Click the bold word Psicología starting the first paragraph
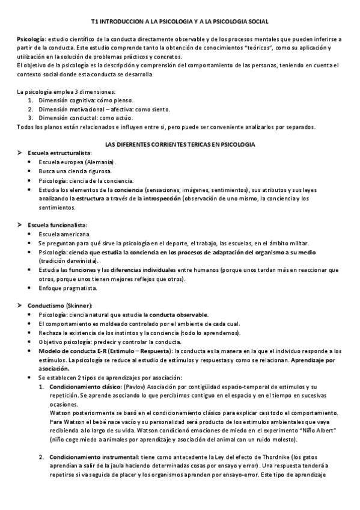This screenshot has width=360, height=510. tap(29, 38)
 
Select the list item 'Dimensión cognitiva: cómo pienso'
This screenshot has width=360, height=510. tap(86, 100)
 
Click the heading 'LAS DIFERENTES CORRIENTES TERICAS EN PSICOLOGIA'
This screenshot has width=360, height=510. tap(180, 145)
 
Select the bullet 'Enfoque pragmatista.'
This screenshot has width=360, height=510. tap(67, 288)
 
